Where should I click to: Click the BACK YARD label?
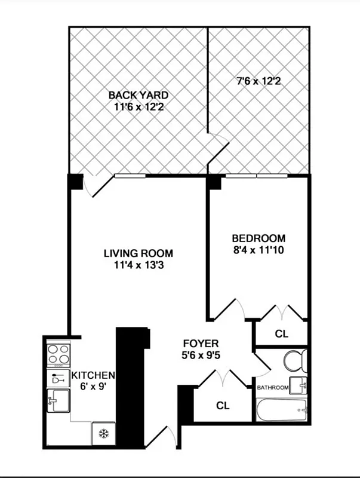click(x=138, y=95)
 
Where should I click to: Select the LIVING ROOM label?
click(x=138, y=253)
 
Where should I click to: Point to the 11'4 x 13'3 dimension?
click(x=138, y=265)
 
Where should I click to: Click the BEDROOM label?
click(x=258, y=238)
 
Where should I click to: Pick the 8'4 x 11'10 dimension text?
click(x=258, y=250)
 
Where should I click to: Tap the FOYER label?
click(x=201, y=344)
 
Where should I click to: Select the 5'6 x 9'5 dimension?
click(x=201, y=357)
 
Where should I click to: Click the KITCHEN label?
click(x=93, y=375)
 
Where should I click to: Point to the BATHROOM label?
click(x=273, y=388)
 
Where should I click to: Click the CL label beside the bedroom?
click(x=281, y=334)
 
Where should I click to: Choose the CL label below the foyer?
click(x=223, y=406)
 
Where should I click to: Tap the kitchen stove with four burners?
click(x=59, y=354)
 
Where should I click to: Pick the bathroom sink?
click(x=299, y=386)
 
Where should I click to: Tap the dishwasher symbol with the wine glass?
click(x=59, y=378)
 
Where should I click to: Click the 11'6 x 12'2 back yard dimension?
click(x=138, y=108)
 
